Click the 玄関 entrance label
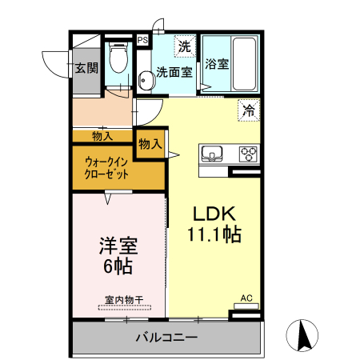[x=86, y=68]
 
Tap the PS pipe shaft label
[x=142, y=40]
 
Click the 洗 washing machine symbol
[x=184, y=46]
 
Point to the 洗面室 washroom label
[x=174, y=72]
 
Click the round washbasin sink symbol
[x=146, y=81]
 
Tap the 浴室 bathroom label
[x=216, y=64]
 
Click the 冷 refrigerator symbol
[x=248, y=111]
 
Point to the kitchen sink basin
[x=214, y=154]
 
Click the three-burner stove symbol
[x=248, y=154]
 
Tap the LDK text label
[x=214, y=214]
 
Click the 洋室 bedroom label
[x=117, y=245]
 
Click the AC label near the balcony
[x=246, y=299]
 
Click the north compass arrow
[x=305, y=334]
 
